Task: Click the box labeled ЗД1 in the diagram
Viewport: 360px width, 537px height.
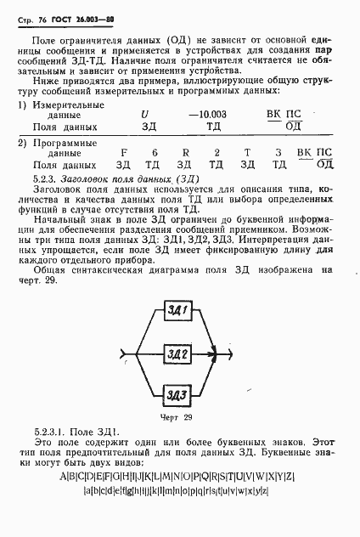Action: coord(178,308)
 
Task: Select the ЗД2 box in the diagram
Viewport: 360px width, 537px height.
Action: coord(178,352)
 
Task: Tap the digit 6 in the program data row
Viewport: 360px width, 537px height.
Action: coord(154,152)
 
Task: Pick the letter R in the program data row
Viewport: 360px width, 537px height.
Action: coord(184,152)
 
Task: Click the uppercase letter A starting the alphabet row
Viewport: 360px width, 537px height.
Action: coord(65,477)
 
